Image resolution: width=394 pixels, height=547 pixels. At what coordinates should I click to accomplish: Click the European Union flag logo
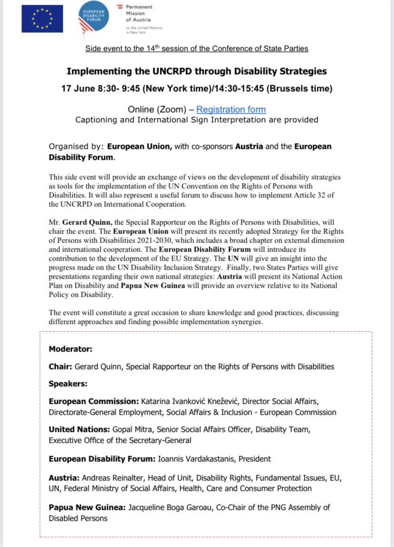click(42, 19)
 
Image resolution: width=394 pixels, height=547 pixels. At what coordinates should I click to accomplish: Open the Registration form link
click(231, 109)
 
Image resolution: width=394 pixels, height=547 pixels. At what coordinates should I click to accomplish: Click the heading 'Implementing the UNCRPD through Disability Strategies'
click(197, 71)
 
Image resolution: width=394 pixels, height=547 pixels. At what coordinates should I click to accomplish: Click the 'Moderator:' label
click(70, 349)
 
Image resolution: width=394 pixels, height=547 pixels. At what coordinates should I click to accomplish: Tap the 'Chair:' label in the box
click(60, 367)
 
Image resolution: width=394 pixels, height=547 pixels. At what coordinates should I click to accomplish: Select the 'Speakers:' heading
click(68, 384)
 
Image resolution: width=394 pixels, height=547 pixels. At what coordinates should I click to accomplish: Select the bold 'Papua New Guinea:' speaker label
click(87, 508)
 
